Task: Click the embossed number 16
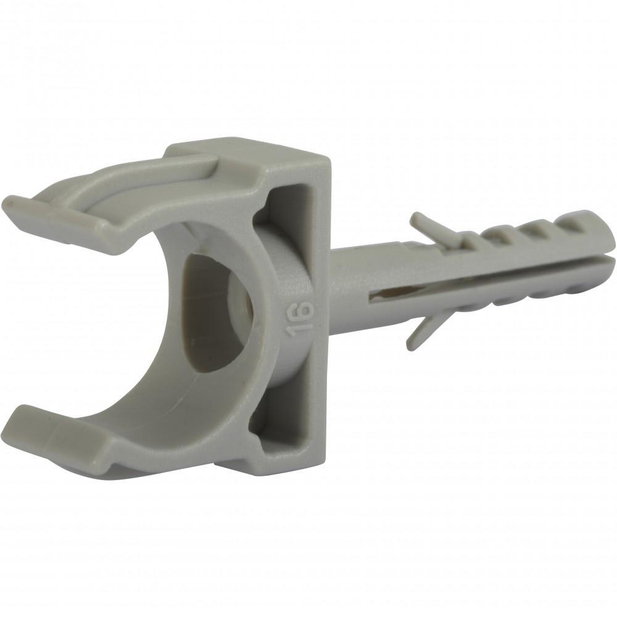tap(300, 320)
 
